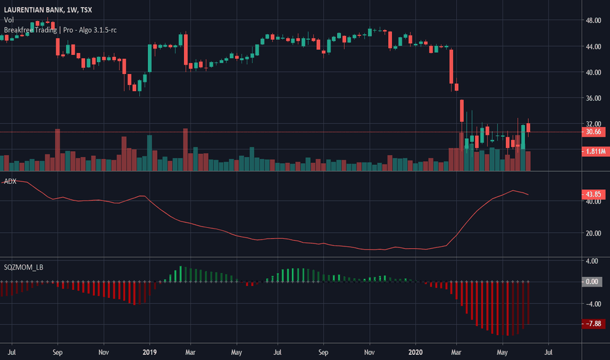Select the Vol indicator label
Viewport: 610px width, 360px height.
pos(9,20)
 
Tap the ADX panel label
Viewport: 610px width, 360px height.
pos(10,181)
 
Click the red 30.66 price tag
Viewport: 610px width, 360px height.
pos(594,132)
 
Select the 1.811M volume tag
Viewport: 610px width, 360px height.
pos(594,151)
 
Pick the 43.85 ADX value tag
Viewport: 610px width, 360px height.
pos(594,194)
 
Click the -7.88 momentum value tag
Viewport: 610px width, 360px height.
pos(594,323)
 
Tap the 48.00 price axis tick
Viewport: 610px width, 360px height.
pos(593,21)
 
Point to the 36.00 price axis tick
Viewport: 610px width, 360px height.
pos(593,98)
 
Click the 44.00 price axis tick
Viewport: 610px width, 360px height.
pos(593,46)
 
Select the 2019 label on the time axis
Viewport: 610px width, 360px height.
pos(150,351)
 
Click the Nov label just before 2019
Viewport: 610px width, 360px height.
pos(103,351)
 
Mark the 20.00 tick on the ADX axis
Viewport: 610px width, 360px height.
pos(593,233)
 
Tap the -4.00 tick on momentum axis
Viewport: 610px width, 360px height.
pos(593,304)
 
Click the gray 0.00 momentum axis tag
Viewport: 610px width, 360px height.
pos(594,281)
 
